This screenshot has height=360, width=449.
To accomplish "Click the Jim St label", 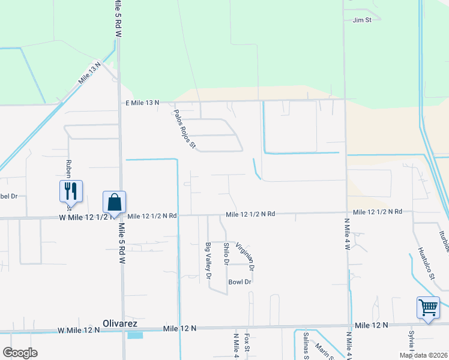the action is coord(363,20).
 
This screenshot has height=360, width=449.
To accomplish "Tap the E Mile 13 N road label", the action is coord(142,103).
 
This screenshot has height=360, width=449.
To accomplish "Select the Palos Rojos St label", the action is coord(185,129).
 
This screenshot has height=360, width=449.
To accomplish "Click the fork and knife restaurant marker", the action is coord(71,191).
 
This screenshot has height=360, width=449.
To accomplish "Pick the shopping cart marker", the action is coord(429,308).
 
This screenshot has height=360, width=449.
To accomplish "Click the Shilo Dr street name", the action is coord(226,254).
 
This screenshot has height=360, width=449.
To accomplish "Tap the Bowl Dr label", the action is coord(239,281).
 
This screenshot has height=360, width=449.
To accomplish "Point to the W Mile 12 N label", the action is coord(77,331).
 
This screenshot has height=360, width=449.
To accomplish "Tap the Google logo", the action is coord(20,353).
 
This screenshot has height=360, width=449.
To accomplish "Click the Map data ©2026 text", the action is coord(423,355).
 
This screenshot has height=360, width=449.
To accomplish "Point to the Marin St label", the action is coord(322,350).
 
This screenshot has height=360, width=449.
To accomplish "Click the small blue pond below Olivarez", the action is coord(136,335).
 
